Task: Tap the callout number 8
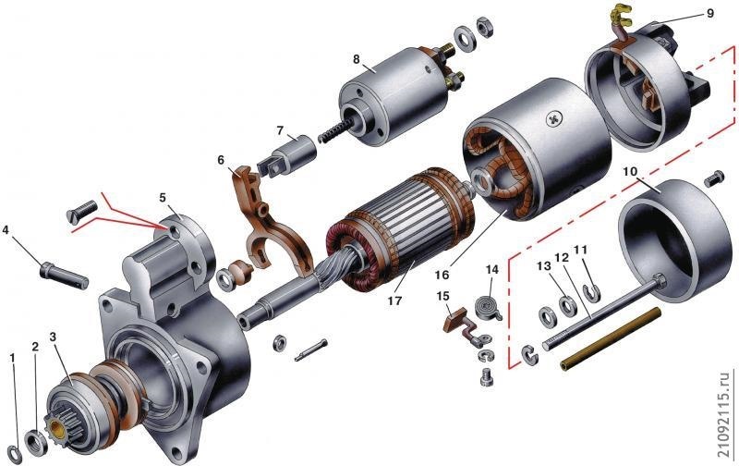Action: (357, 59)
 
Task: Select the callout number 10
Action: (630, 171)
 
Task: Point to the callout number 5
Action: (163, 197)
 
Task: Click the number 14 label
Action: (492, 269)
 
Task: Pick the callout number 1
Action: (13, 358)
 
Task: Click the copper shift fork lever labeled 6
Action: (269, 222)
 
